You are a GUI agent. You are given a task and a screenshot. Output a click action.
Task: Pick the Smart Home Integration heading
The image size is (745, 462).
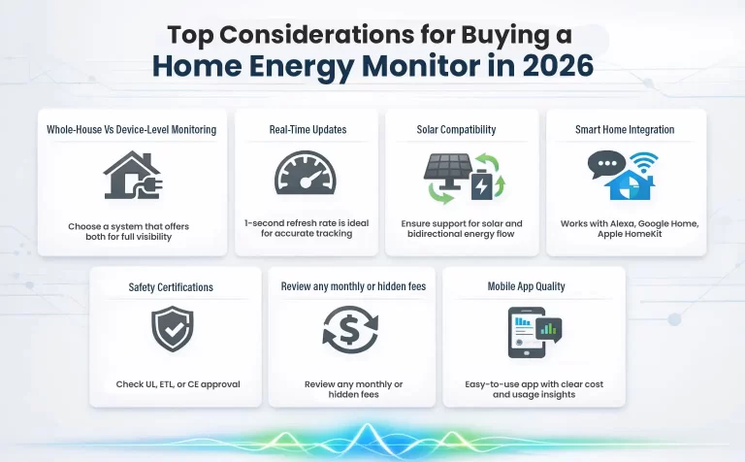click(x=626, y=129)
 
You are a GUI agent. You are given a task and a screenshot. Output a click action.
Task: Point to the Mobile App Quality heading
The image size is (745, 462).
click(x=534, y=286)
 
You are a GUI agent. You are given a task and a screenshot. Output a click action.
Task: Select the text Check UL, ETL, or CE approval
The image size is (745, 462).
click(x=178, y=384)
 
